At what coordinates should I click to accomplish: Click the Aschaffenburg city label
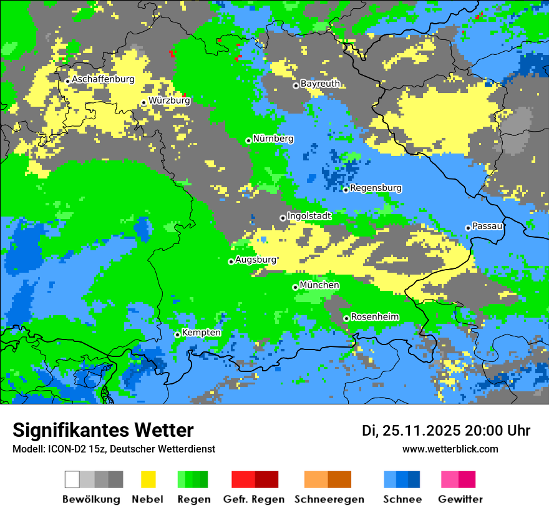[x=103, y=79]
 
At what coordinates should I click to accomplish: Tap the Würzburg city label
[x=169, y=100]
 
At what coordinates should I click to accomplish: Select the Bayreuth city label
[x=320, y=84]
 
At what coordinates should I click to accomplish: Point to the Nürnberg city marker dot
[x=248, y=140]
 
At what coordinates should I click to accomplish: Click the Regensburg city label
[x=376, y=188]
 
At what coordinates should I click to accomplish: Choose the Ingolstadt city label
[x=309, y=216]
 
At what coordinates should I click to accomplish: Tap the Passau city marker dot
[x=468, y=228]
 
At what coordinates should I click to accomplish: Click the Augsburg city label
[x=255, y=260]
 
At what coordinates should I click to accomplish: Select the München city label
[x=319, y=285]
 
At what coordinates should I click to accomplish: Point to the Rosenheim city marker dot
[x=346, y=318]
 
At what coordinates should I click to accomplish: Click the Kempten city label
[x=201, y=333]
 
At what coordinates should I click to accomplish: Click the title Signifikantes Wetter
[x=103, y=431]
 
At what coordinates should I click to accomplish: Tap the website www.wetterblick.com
[x=450, y=449]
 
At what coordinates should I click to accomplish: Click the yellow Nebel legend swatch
[x=148, y=479]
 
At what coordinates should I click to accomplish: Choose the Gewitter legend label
[x=460, y=499]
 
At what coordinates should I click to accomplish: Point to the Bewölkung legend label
[x=91, y=499]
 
